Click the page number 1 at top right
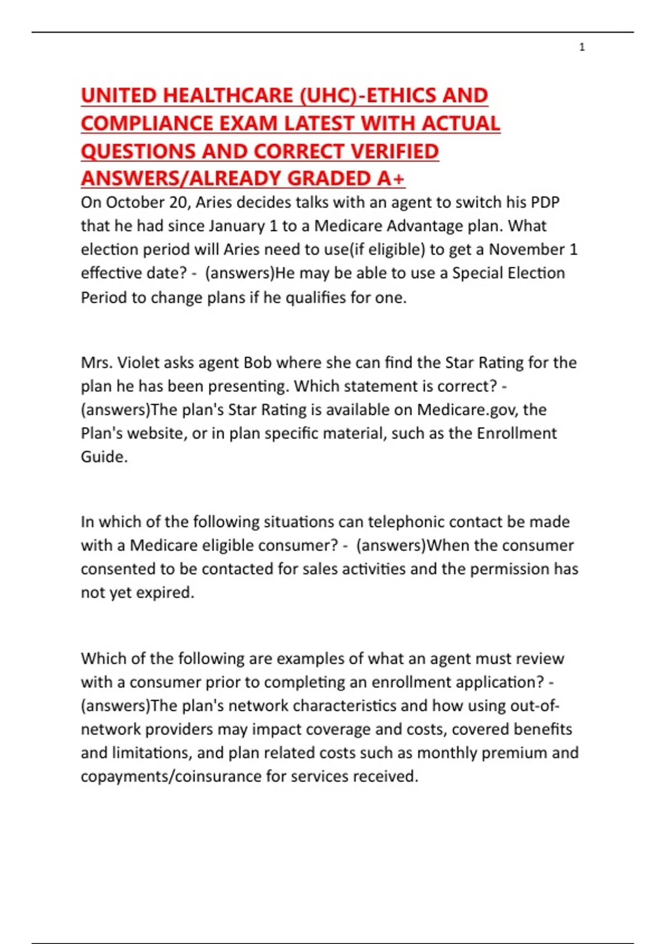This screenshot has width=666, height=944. (582, 47)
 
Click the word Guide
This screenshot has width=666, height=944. (104, 456)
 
